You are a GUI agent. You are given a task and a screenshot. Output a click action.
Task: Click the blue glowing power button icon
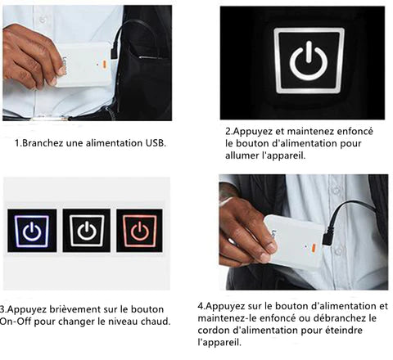(x=32, y=231)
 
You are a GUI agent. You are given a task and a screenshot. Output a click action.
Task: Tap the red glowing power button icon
(x=140, y=231)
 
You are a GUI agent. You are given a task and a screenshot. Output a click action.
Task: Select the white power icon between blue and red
(x=87, y=231)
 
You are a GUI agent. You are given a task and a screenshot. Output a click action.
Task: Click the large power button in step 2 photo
(x=309, y=61)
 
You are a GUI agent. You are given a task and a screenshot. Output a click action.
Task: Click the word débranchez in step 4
(x=340, y=318)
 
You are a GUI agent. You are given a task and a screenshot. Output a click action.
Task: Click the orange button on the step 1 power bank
(x=104, y=64)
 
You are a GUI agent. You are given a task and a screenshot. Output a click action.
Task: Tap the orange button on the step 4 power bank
(x=313, y=248)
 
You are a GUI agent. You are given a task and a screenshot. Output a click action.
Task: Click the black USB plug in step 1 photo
(x=114, y=52)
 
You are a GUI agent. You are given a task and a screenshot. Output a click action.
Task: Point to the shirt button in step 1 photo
(x=43, y=19)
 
